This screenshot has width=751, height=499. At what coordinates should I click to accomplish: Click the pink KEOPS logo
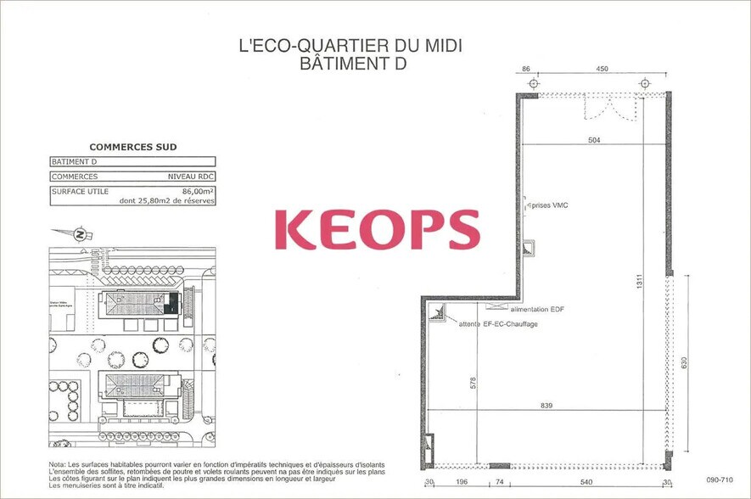[377, 230]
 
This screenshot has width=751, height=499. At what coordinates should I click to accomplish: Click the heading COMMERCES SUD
[133, 147]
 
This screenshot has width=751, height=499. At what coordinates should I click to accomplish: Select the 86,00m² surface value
[198, 192]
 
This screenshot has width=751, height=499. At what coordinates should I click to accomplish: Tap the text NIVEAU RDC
[191, 177]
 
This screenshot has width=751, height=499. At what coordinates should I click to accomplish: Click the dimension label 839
[546, 406]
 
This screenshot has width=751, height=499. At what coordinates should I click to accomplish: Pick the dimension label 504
[593, 140]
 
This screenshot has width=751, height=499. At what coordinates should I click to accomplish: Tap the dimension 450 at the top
[602, 69]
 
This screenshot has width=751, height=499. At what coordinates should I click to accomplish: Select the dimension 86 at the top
[526, 69]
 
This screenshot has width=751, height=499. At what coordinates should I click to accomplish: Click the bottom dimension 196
[462, 482]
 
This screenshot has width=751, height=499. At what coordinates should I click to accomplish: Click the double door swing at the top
[608, 108]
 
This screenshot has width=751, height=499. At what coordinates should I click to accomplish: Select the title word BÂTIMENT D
[350, 64]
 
